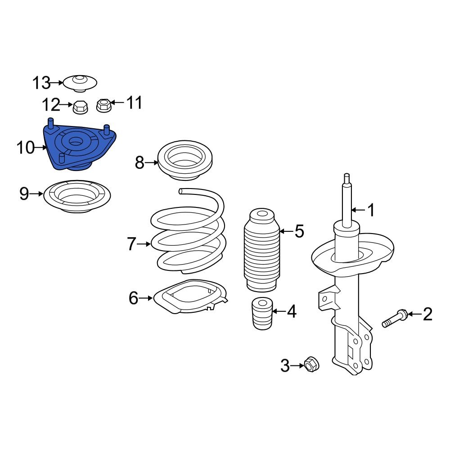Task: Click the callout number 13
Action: point(41,83)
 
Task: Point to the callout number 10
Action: point(25,147)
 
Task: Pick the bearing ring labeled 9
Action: point(77,197)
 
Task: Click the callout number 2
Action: point(427,314)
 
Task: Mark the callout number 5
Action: point(299,232)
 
